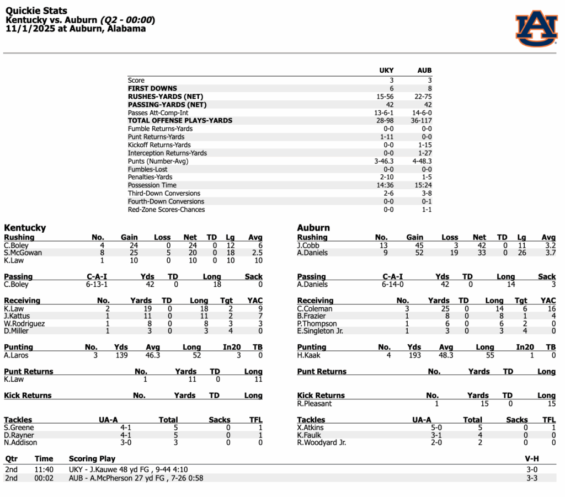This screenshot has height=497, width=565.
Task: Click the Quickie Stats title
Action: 36,11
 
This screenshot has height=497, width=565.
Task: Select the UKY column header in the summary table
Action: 386,71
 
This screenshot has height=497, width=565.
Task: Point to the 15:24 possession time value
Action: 424,185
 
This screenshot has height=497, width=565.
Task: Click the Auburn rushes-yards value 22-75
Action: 424,97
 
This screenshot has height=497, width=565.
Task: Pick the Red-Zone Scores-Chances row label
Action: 166,210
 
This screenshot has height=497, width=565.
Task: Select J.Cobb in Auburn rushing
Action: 308,245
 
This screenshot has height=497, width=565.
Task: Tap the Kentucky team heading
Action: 25,228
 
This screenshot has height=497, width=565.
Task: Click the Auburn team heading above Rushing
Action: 313,228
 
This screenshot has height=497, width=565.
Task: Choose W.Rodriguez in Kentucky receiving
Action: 24,324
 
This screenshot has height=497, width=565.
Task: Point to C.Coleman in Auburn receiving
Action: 315,309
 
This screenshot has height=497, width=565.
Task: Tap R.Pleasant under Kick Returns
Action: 315,404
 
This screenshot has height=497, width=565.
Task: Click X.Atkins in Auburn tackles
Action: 310,427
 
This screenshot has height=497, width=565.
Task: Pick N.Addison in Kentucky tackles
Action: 20,442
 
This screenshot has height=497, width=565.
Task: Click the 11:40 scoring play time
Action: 44,470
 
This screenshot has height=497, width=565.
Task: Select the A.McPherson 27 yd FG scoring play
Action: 136,478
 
